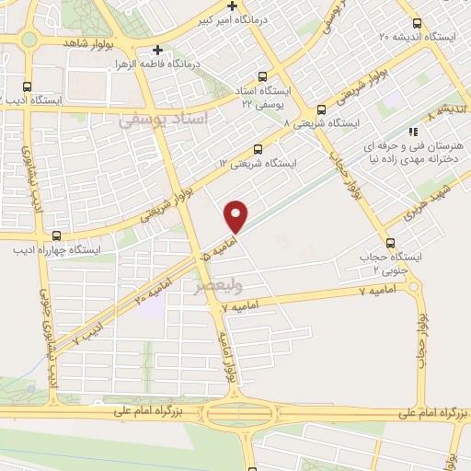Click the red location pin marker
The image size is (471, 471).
(x=236, y=215)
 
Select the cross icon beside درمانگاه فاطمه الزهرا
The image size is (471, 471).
(x=157, y=51)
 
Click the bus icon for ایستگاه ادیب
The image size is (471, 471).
(x=27, y=84)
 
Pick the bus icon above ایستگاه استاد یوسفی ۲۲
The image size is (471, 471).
(x=264, y=76)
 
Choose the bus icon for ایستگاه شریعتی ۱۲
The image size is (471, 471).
(x=257, y=149)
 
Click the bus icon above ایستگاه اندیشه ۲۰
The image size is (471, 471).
(x=417, y=23)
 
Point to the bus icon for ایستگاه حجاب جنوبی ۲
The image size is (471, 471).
(x=392, y=244)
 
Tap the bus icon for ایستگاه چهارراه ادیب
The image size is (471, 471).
(x=57, y=235)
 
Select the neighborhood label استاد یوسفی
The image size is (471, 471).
(x=166, y=120)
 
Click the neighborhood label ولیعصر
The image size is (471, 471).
(x=212, y=286)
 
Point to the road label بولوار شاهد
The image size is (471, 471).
(x=89, y=43)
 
